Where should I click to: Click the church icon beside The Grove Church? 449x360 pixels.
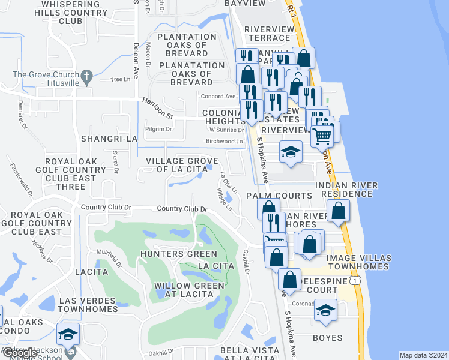coord(86,76)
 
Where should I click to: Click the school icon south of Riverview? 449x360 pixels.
coord(291,152)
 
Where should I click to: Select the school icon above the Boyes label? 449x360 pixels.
coord(325,310)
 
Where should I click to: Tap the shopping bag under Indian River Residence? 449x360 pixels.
coord(339,211)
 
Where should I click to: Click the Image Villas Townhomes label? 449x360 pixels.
coord(359,263)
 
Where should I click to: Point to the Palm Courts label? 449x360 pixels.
coord(279,196)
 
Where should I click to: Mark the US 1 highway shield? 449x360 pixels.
coord(357,280)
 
